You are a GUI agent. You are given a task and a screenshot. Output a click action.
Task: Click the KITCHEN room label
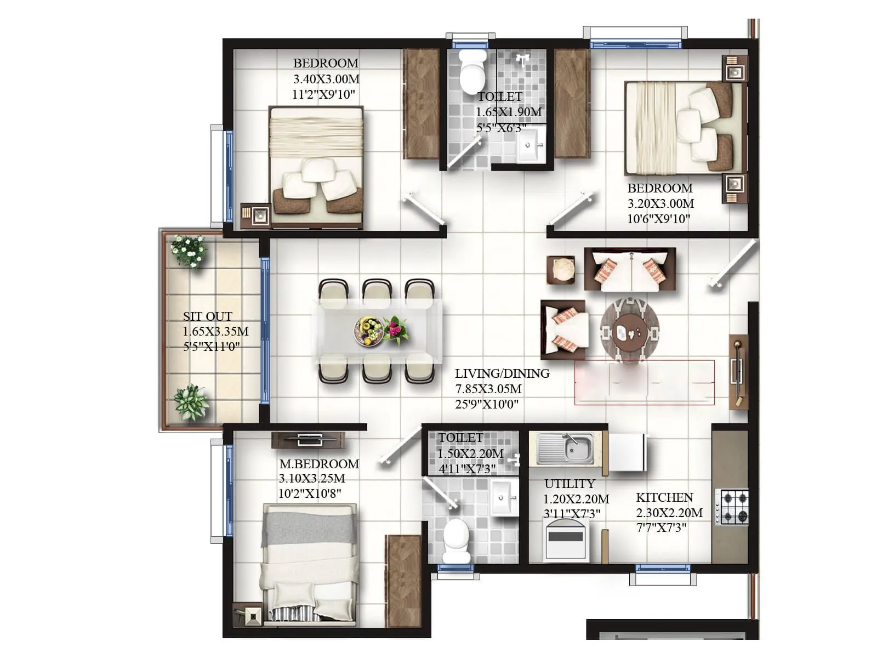pos(664,498)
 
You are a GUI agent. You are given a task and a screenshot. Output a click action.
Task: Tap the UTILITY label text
pos(570,484)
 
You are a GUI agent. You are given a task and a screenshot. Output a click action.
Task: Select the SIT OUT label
pos(207,316)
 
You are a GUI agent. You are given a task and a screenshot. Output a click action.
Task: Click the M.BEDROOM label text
pos(319,464)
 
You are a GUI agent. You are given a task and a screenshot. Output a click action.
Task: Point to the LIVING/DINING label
pos(502,373)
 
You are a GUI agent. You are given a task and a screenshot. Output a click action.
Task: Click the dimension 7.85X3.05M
pos(488,389)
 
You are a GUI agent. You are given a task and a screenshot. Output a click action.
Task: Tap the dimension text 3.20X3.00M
pos(660,203)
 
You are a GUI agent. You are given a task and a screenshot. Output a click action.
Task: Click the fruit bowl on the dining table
pos(368,331)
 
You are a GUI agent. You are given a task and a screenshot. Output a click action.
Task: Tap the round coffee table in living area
pos(629,330)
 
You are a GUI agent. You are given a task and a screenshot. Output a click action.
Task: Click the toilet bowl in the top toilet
pos(472,72)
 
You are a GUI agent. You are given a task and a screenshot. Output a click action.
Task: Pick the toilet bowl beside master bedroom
pos(456,540)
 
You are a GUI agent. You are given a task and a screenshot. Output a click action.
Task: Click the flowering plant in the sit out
pos(189,251)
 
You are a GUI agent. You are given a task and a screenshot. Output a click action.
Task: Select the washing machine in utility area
pos(566,540)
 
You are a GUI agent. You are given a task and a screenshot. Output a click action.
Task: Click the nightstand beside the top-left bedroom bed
pos(255,215)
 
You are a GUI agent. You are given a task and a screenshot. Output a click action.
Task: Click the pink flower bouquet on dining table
pos(395,330)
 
